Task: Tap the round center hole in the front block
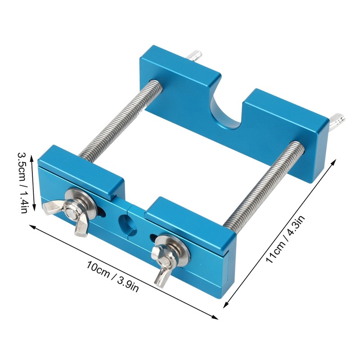(x=125, y=221)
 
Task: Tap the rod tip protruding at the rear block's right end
(x=337, y=120)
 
